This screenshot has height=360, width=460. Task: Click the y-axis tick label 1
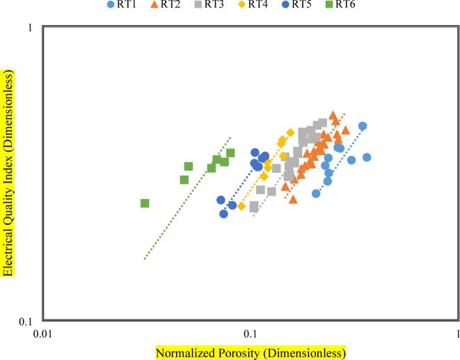[31, 27]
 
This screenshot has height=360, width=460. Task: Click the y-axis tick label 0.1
[27, 322]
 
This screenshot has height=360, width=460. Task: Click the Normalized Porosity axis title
[250, 353]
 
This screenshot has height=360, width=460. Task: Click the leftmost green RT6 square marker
[145, 203]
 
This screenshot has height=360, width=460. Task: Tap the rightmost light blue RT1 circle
[367, 157]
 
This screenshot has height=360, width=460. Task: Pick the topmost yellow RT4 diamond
[290, 132]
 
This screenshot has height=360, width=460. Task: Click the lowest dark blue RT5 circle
[223, 214]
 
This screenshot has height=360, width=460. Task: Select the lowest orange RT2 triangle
[293, 199]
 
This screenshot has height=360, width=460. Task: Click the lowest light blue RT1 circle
[316, 194]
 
